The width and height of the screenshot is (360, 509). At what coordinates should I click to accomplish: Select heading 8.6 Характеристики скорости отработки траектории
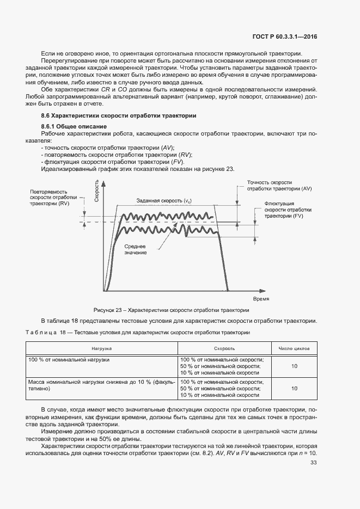pyautogui.click(x=119, y=116)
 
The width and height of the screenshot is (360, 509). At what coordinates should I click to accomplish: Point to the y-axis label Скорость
pyautogui.click(x=96, y=192)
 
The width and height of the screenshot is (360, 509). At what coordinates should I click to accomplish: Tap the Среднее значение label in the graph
pyautogui.click(x=135, y=249)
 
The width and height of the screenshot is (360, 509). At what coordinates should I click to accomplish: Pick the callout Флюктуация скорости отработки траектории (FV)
pyautogui.click(x=288, y=209)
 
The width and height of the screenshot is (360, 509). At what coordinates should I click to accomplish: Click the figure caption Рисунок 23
pyautogui.click(x=171, y=310)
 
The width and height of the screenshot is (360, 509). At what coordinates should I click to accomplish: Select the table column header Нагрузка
pyautogui.click(x=102, y=347)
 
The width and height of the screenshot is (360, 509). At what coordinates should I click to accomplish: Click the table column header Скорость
pyautogui.click(x=224, y=347)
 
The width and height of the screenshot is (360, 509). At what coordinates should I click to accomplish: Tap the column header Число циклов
pyautogui.click(x=294, y=347)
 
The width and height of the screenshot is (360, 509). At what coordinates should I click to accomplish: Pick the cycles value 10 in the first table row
pyautogui.click(x=294, y=366)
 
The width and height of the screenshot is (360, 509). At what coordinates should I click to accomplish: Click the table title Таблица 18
pyautogui.click(x=138, y=332)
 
